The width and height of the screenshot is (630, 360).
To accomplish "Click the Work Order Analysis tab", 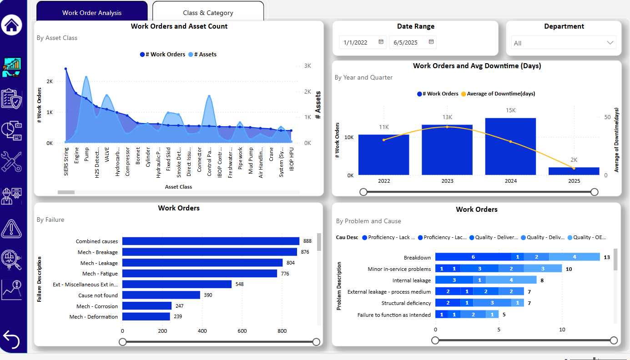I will pos(92,13).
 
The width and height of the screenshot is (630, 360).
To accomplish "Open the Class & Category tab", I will pos(208,13).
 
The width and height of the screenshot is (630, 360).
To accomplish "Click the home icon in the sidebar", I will pos(11,25).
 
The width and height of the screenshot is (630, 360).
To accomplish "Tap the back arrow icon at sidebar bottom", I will pos(11,339).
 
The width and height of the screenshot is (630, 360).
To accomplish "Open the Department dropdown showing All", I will pos(564,43).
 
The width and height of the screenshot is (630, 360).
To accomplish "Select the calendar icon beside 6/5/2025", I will pos(431,42).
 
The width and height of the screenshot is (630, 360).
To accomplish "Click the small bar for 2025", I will pos(574,171).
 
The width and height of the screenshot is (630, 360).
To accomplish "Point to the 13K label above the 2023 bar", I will pos(447,117).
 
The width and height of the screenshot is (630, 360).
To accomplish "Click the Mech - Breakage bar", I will pos(209,252).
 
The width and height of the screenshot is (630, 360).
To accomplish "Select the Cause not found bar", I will pos(161,295).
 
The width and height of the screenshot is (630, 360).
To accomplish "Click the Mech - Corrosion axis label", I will pos(97,306).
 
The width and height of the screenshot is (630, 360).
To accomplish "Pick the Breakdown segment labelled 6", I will pos(473,257).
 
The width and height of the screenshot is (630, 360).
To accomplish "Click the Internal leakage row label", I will pos(411,280).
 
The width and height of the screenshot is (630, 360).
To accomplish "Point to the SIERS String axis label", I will pos(66,161).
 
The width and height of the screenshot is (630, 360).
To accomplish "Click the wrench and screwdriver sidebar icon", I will pos(11,162).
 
